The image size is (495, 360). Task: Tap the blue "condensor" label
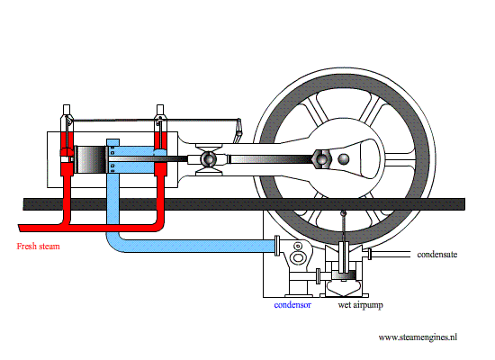click(292, 306)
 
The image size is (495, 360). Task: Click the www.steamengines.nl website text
click(418, 337)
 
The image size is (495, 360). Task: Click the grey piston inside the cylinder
click(91, 159)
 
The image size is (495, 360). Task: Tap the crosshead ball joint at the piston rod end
click(209, 159)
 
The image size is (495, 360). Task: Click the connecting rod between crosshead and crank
click(270, 159)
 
